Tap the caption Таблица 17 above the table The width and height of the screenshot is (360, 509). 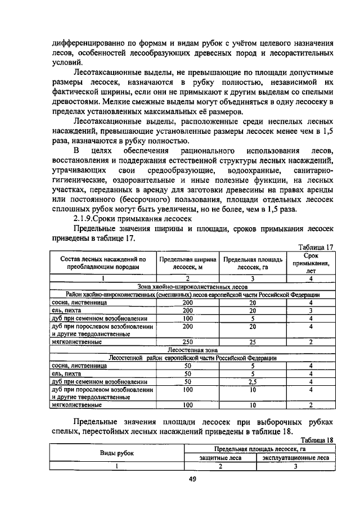coord(317,246)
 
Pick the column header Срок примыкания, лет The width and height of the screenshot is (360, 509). coord(310,263)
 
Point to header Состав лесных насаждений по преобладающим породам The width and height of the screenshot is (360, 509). coord(103,263)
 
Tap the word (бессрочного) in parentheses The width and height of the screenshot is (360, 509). coord(144,200)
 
